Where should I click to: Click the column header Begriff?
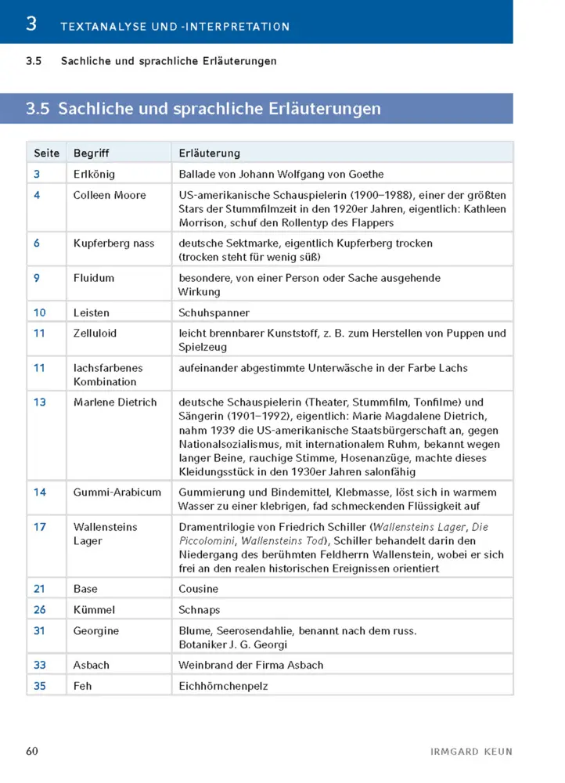pos(91,153)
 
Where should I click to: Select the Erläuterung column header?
pos(209,153)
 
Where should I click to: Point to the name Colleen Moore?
pos(109,195)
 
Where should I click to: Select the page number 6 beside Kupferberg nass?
pos(37,244)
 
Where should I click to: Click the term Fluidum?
pos(93,278)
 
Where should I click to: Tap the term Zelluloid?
pos(95,333)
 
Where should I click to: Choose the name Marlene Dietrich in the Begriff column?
pos(115,402)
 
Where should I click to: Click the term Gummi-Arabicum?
pos(117,492)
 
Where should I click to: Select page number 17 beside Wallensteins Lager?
pos(40,527)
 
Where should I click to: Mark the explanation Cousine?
pos(199,589)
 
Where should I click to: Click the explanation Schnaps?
pos(200,609)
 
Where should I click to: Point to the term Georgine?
pos(95,630)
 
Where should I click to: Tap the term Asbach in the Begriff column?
pos(91,665)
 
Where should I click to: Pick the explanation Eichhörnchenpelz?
pos(224,685)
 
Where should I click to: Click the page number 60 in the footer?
pos(32,751)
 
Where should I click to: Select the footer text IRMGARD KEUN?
pos(471,752)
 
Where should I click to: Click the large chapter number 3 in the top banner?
pos(31,23)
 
